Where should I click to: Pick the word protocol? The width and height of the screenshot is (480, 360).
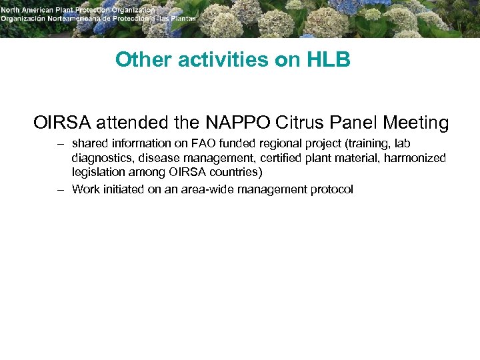[332, 189]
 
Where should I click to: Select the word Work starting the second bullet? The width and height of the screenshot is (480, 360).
[85, 189]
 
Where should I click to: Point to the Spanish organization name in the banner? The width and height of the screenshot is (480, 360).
[99, 19]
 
